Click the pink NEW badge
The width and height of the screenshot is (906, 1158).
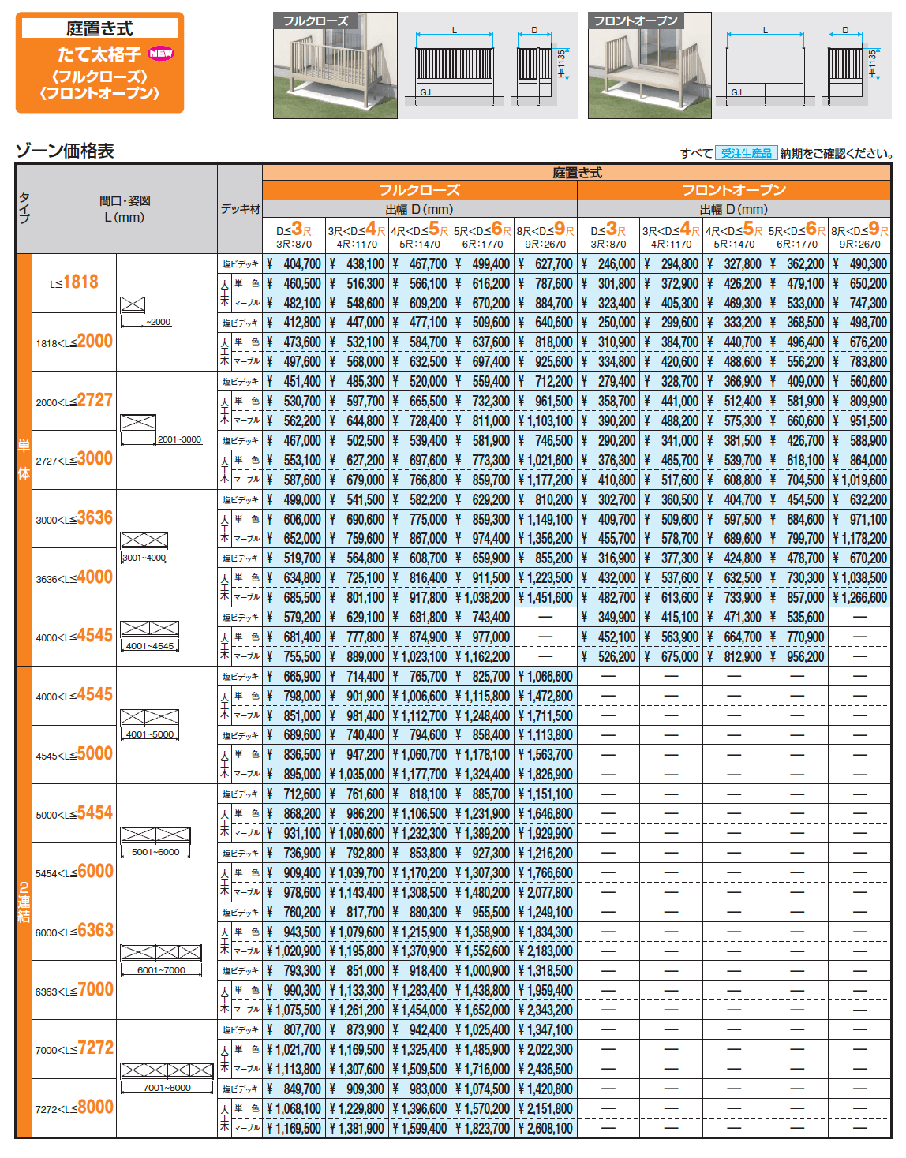[161, 54]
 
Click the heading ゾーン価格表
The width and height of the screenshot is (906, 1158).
[65, 151]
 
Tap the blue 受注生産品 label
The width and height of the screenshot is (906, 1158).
[746, 153]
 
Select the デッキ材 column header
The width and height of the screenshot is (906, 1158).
[240, 209]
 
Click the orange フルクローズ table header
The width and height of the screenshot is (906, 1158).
[419, 190]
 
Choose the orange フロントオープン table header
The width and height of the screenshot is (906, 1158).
[733, 190]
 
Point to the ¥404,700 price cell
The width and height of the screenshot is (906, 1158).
[294, 264]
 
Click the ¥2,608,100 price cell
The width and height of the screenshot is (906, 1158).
[545, 1128]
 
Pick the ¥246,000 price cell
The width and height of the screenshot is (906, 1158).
[608, 264]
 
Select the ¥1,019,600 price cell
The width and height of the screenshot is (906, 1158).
[860, 480]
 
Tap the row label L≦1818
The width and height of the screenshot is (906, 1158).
[74, 282]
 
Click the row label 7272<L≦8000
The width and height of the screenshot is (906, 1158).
[74, 1108]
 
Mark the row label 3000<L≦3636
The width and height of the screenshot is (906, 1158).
[74, 518]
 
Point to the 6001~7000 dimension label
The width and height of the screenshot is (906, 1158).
[161, 970]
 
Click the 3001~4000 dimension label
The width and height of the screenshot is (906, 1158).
[144, 558]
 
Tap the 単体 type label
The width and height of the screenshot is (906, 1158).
[24, 460]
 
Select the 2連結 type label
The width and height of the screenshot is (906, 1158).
[24, 902]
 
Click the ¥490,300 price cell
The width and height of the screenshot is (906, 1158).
[860, 264]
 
